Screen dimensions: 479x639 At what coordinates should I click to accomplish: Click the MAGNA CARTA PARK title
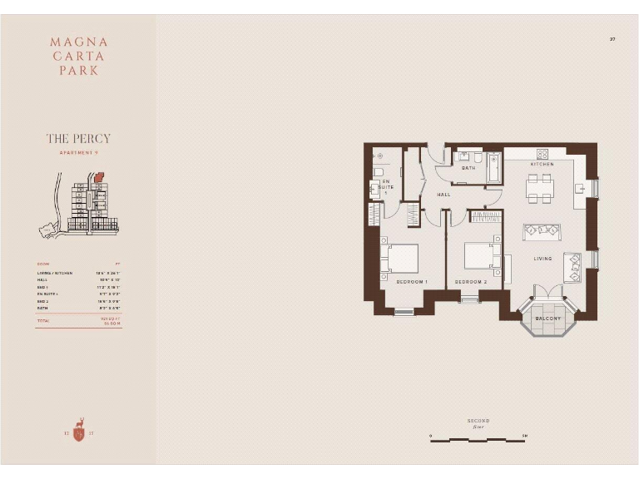(x=78, y=56)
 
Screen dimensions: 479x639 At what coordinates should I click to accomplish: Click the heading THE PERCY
(x=78, y=139)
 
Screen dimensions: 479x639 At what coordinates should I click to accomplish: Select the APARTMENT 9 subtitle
(x=78, y=153)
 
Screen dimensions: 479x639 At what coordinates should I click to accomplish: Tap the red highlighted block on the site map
(x=99, y=177)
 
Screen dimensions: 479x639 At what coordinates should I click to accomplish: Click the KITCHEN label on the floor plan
(x=542, y=164)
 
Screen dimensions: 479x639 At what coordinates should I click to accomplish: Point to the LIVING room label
(x=542, y=259)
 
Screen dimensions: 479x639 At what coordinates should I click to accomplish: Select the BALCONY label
(x=547, y=319)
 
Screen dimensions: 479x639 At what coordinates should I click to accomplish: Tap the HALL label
(x=443, y=195)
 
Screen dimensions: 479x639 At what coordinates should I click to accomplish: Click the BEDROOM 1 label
(x=411, y=282)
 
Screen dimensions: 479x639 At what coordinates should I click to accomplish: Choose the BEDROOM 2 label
(x=470, y=282)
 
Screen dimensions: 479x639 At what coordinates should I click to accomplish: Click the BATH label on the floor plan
(x=468, y=168)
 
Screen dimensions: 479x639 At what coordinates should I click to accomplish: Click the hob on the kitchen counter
(x=542, y=154)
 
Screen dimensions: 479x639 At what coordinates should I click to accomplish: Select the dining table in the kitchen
(x=540, y=189)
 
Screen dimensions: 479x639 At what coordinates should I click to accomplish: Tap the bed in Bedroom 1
(x=400, y=257)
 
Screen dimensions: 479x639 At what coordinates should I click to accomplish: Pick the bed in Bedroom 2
(x=481, y=256)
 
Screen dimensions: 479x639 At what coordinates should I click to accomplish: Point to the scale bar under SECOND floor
(x=478, y=440)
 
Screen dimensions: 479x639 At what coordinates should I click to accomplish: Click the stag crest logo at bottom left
(x=78, y=429)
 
